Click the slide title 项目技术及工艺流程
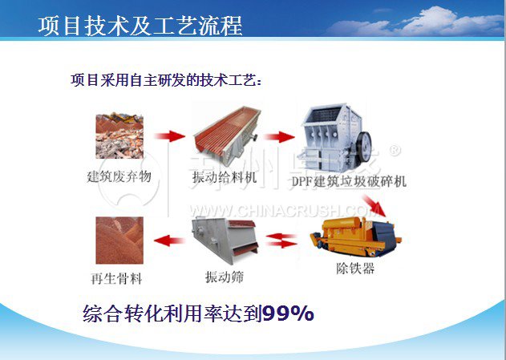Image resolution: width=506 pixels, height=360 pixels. (x=140, y=26)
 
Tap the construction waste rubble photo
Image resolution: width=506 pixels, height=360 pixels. (x=119, y=136)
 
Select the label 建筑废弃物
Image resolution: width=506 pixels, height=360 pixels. (x=119, y=176)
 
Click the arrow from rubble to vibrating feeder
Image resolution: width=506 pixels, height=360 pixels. (x=170, y=136)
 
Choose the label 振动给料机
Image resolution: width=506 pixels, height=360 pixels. (x=225, y=177)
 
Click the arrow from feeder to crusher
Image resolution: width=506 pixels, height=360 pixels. (x=279, y=137)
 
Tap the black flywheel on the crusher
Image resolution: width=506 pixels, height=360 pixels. (x=364, y=147)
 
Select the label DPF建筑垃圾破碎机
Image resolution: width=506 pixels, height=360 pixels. (x=349, y=181)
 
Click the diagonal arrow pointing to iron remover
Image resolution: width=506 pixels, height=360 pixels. (x=374, y=205)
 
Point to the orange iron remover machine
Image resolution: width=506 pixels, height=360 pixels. (x=355, y=237)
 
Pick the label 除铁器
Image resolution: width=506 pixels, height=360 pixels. (x=355, y=268)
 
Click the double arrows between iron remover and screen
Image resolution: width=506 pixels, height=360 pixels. (x=281, y=241)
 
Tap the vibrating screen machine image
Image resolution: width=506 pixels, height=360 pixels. (x=225, y=241)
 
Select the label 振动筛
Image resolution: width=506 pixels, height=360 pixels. (x=225, y=277)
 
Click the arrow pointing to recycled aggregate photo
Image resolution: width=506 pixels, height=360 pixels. (x=169, y=241)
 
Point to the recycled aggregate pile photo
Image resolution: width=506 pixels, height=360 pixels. (x=119, y=241)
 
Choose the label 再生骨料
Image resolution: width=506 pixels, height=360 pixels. (x=116, y=278)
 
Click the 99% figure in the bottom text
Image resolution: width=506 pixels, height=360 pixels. (x=288, y=313)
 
